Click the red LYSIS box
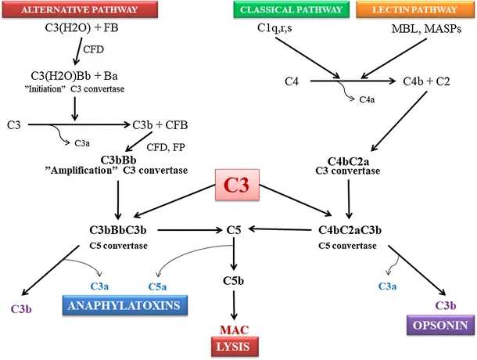(x=238, y=345)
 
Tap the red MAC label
(x=238, y=329)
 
